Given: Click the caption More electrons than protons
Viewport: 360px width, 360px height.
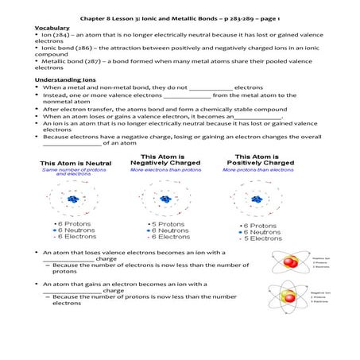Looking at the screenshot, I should [x=166, y=169].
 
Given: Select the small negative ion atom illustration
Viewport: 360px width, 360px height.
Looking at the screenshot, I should [x=288, y=297].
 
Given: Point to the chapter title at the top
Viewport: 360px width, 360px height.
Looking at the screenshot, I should [x=180, y=15].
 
